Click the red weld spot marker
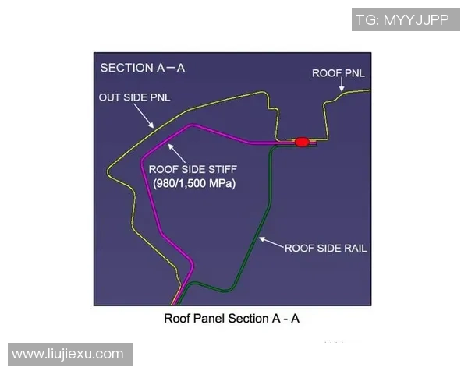coord(302,142)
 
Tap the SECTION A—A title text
coord(143,68)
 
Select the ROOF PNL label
coord(339,73)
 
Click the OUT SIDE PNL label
coord(135,97)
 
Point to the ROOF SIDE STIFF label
coord(193,169)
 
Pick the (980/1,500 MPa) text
coord(194,183)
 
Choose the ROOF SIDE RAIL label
coord(325,249)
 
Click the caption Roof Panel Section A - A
coord(232,319)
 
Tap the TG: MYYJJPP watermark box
coord(406,19)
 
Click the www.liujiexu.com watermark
coord(70,355)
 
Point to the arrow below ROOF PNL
coord(342,84)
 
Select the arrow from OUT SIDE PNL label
coord(144,116)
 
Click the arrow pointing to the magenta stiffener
coord(176,153)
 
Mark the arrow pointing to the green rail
coord(271,242)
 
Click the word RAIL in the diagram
coord(356,249)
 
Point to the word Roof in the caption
coord(177,319)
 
